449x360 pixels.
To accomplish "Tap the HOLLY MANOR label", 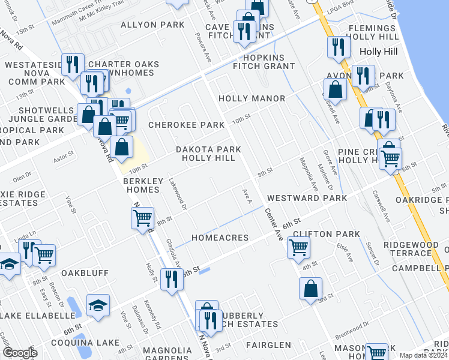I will (252, 98).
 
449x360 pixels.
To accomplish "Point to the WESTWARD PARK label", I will (307, 198).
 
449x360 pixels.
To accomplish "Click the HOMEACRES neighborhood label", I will (220, 238).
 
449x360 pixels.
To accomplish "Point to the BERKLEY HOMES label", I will (141, 185).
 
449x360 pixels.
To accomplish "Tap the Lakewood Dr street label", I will (178, 193).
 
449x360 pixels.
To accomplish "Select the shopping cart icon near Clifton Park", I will (298, 247).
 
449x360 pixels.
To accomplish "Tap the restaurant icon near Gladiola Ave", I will (172, 279).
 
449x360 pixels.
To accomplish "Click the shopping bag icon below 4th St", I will (310, 289).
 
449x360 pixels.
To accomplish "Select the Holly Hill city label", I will (378, 52).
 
